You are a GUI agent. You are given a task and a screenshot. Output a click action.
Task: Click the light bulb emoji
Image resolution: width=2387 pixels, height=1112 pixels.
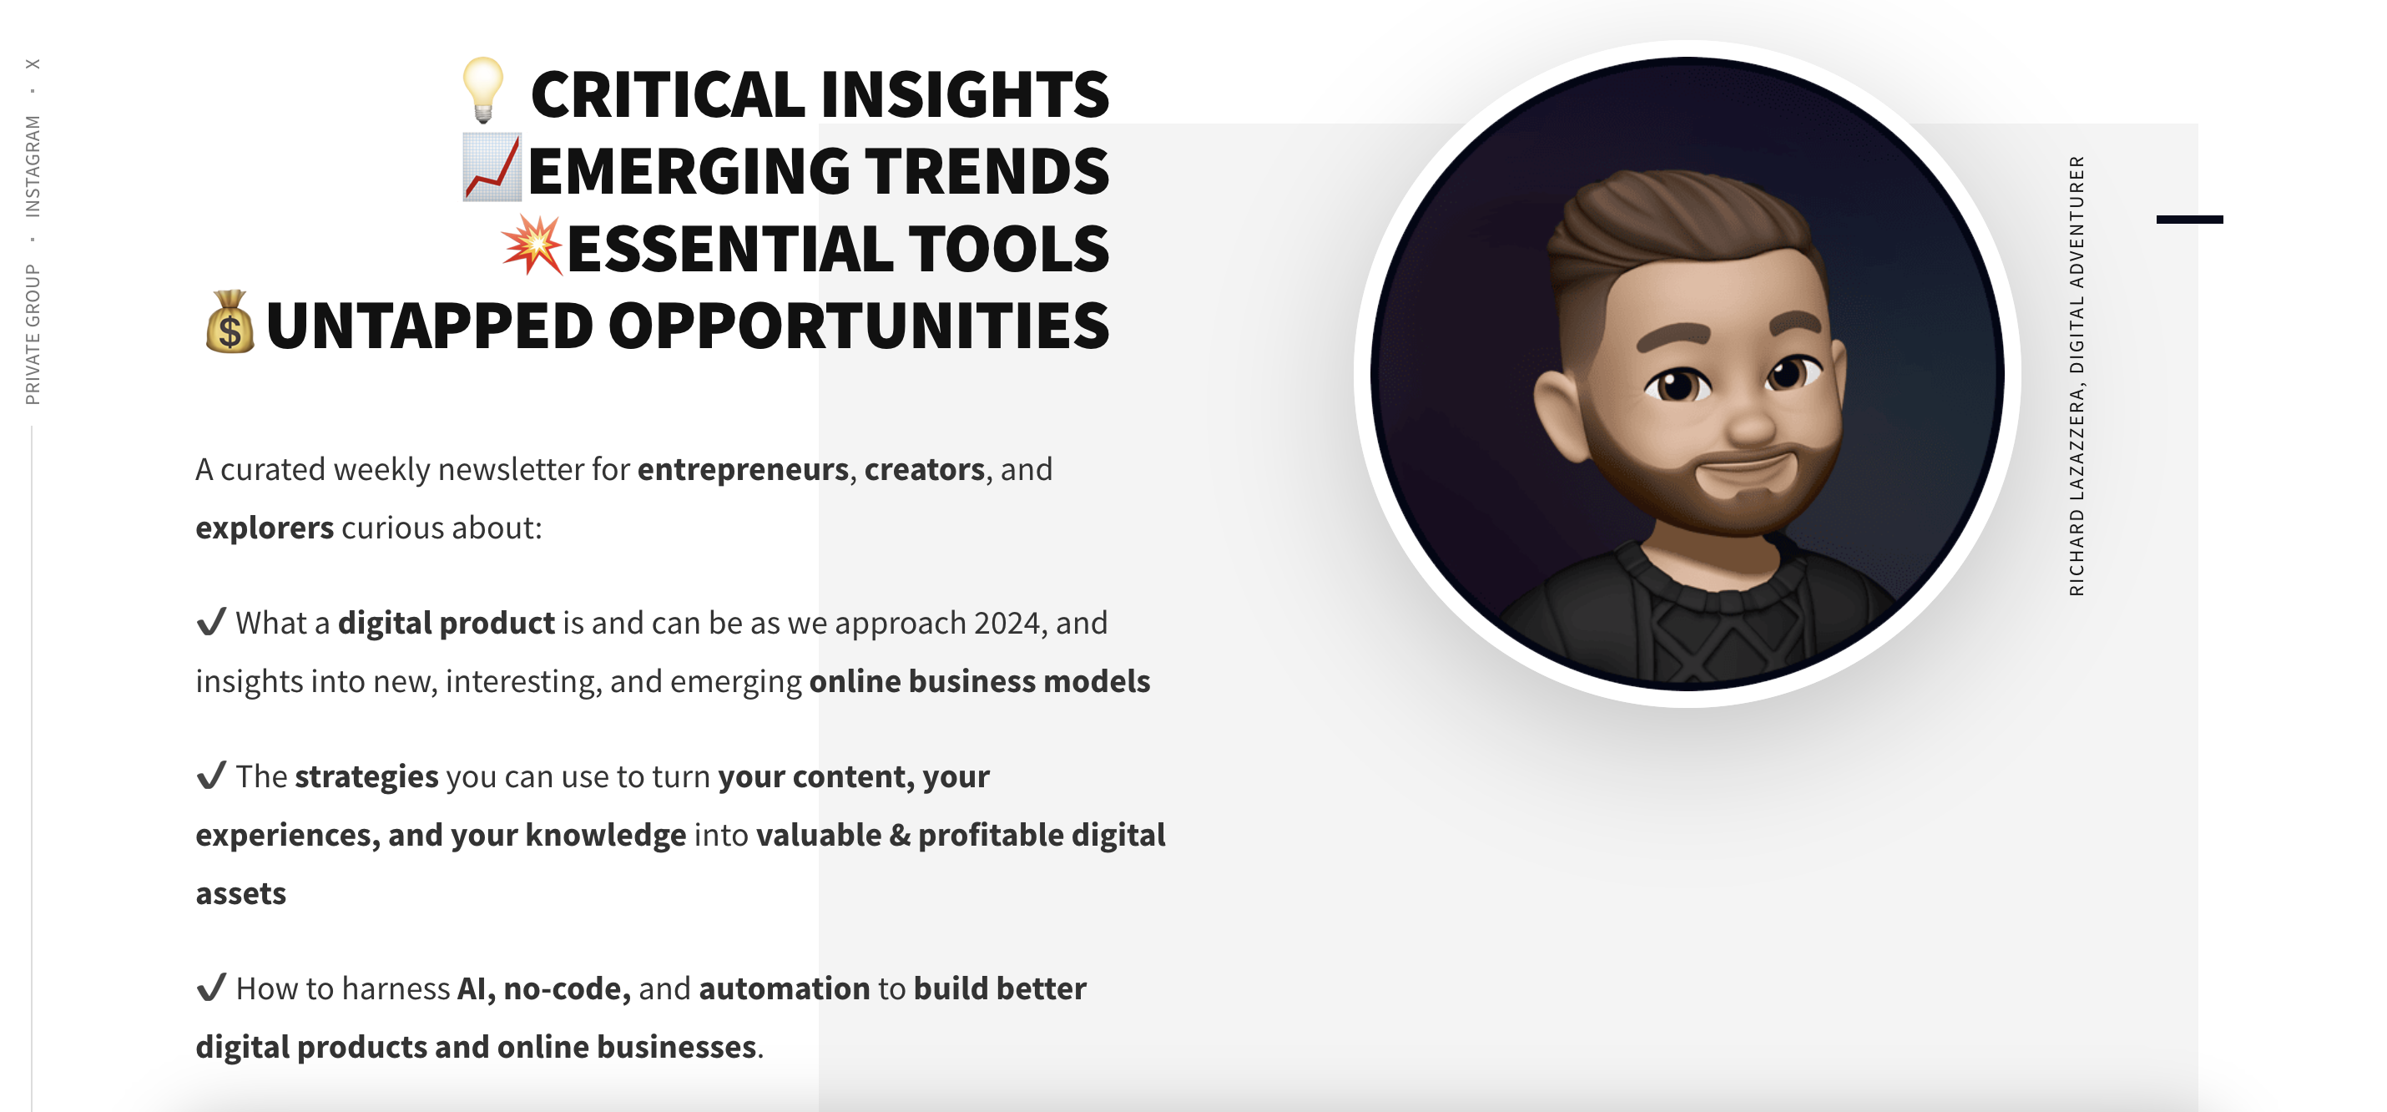(x=482, y=90)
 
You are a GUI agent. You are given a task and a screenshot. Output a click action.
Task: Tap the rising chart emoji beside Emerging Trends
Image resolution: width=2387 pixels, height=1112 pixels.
(x=493, y=168)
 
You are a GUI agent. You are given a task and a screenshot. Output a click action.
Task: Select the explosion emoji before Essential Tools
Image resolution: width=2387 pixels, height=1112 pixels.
(x=532, y=245)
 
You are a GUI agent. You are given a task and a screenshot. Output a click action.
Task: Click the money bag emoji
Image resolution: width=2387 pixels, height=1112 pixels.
(x=230, y=321)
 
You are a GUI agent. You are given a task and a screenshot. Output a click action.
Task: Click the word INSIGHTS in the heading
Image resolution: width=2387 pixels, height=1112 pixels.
(x=965, y=94)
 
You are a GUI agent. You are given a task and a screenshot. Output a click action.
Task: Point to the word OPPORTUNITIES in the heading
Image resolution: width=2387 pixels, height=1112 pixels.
(x=858, y=326)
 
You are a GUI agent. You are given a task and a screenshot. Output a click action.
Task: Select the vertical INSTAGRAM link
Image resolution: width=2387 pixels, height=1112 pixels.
(x=33, y=167)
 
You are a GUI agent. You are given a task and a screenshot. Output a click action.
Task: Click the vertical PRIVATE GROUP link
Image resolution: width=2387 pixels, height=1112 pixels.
(x=33, y=335)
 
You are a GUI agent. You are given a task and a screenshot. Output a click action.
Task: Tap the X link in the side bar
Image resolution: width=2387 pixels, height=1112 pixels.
(x=33, y=64)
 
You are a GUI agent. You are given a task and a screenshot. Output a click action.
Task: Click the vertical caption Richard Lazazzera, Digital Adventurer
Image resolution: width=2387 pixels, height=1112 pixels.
(x=2077, y=376)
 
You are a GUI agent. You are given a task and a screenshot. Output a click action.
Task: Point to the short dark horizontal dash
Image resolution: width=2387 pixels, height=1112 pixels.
(x=2190, y=220)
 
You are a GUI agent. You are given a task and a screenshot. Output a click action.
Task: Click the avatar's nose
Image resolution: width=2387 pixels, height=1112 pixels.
(x=1750, y=422)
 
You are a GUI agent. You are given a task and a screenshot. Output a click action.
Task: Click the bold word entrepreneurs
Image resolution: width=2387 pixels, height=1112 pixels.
(x=743, y=470)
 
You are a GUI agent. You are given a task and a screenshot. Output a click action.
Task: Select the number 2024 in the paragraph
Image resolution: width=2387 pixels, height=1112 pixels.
(x=1007, y=623)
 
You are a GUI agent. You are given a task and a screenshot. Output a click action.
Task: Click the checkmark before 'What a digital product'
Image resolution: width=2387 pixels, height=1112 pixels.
(x=211, y=622)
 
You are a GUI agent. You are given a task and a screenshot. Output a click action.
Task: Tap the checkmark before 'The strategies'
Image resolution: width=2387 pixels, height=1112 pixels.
(x=211, y=775)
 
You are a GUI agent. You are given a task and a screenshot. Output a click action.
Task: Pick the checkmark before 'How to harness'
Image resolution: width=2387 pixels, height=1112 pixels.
(x=211, y=987)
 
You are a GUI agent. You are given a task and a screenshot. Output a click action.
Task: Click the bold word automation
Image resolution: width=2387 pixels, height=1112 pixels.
(x=785, y=988)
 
